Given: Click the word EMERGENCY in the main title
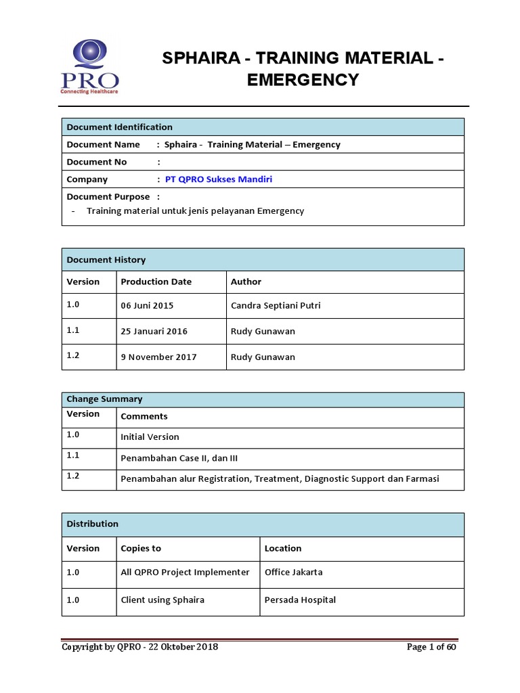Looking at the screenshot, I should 302,80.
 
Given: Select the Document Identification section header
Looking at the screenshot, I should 120,127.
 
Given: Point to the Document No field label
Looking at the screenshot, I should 97,162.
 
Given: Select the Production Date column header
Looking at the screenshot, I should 156,282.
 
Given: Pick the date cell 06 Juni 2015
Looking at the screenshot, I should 147,305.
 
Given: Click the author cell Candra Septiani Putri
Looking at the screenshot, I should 276,305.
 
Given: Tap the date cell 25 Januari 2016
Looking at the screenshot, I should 154,332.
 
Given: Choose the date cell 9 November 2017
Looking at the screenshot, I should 158,357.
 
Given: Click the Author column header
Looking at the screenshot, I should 246,282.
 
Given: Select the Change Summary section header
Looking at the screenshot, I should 104,399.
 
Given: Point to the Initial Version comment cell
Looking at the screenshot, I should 150,437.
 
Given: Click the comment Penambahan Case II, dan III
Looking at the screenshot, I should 179,458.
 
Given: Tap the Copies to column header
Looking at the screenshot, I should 141,548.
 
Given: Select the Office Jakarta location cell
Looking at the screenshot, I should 293,572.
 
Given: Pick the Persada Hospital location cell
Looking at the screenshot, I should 300,600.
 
